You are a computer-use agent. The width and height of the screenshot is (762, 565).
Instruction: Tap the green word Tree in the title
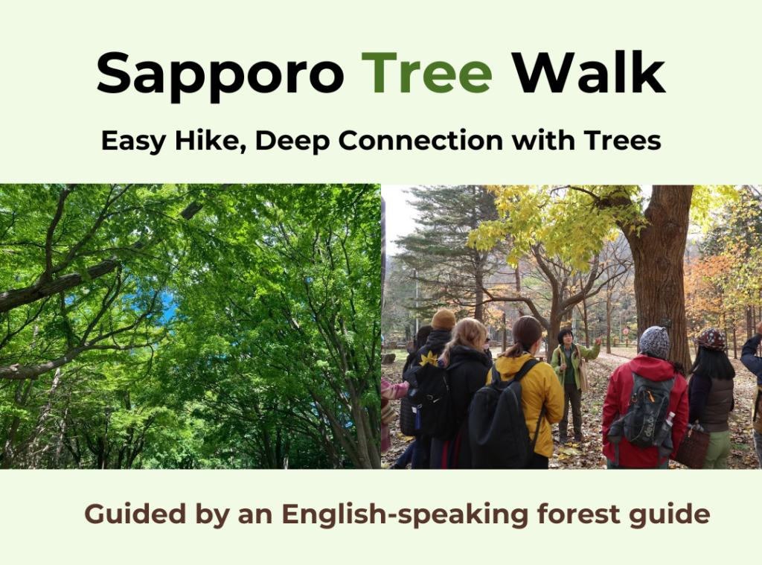426,72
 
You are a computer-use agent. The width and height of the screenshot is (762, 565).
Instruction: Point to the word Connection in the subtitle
420,141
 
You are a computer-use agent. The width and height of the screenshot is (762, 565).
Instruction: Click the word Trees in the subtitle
623,141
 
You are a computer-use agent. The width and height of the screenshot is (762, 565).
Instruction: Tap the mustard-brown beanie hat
443,319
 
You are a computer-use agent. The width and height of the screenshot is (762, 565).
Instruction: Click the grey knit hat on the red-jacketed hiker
653,342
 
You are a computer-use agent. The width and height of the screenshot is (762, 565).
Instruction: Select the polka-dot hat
711,339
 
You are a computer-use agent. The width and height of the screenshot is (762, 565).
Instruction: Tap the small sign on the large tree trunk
665,322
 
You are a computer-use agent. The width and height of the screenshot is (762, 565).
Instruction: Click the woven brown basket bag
692,445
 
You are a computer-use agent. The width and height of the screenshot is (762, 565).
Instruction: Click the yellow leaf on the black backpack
429,360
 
